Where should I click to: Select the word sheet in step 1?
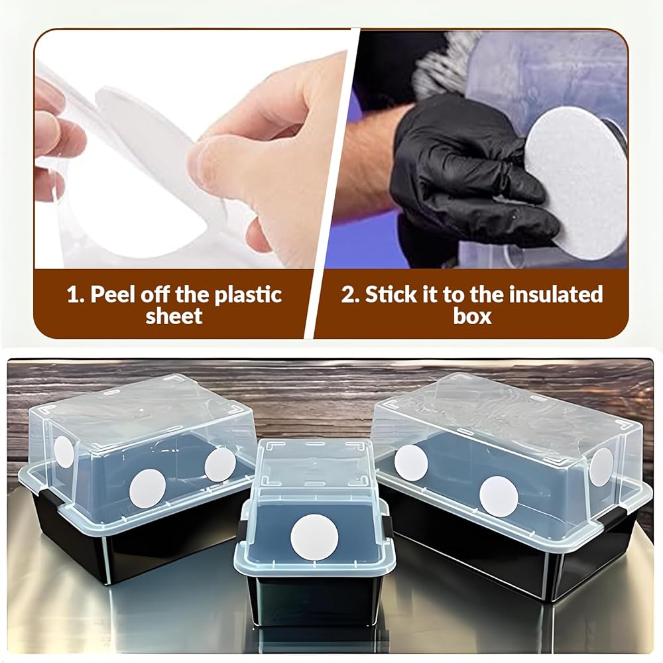pos(174,316)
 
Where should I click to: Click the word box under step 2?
pos(472,316)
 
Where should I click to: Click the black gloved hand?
pos(469,178)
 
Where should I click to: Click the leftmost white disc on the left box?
pos(64,452)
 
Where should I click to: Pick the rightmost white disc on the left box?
pos(220,464)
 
